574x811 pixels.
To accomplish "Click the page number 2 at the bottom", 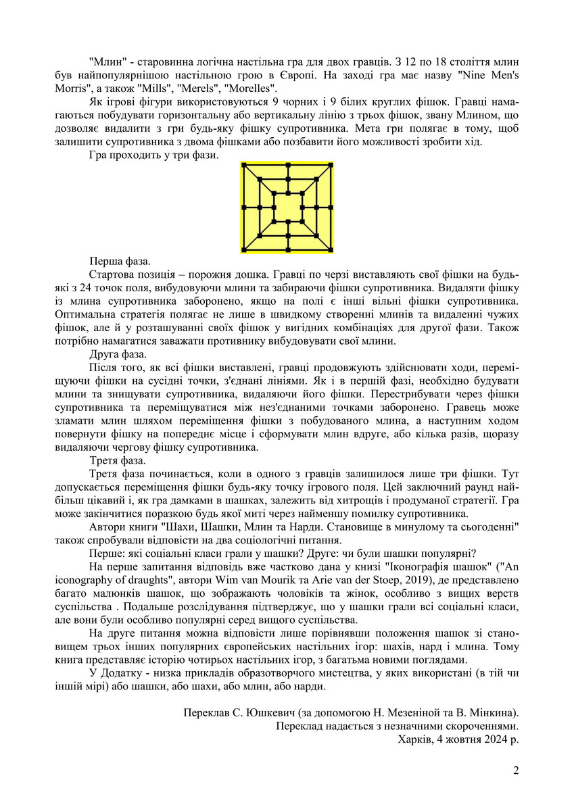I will pos(516,770).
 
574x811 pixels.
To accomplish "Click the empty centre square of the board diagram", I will pos(287,207).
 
